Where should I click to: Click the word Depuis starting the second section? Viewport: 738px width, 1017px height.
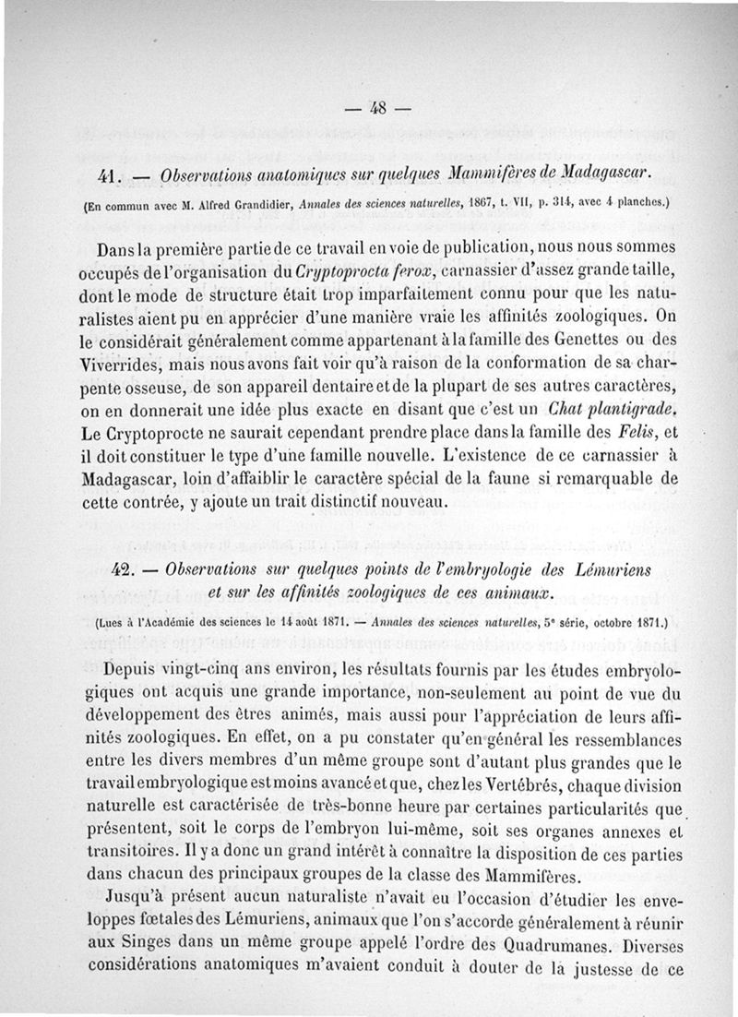pyautogui.click(x=137, y=668)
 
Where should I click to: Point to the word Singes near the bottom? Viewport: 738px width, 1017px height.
pyautogui.click(x=147, y=945)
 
